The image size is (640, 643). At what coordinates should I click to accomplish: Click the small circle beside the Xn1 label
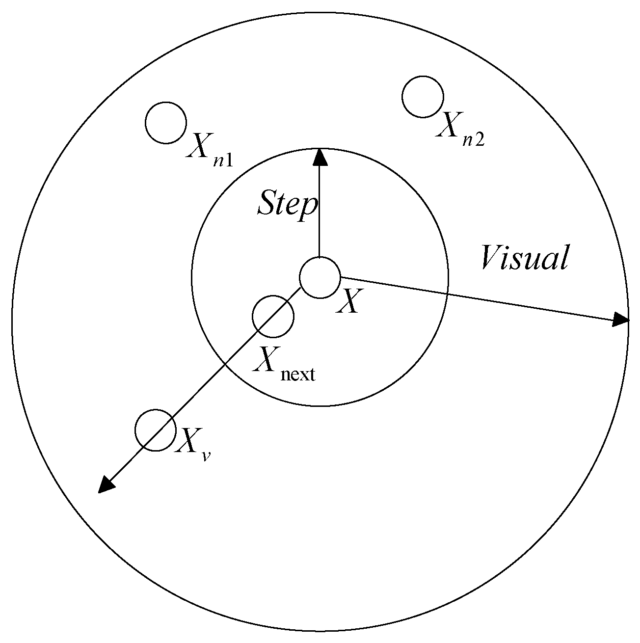click(166, 123)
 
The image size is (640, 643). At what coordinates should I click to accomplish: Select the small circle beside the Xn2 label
click(423, 97)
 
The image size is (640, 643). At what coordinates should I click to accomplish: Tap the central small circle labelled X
click(320, 277)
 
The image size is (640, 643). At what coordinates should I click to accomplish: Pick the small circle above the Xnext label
click(273, 317)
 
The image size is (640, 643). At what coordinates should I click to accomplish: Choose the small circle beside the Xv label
click(156, 430)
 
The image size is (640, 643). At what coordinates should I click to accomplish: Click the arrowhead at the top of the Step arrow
click(320, 157)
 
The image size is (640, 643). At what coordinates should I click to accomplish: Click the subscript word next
click(297, 375)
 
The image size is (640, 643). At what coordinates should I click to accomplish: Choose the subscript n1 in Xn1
click(223, 160)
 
